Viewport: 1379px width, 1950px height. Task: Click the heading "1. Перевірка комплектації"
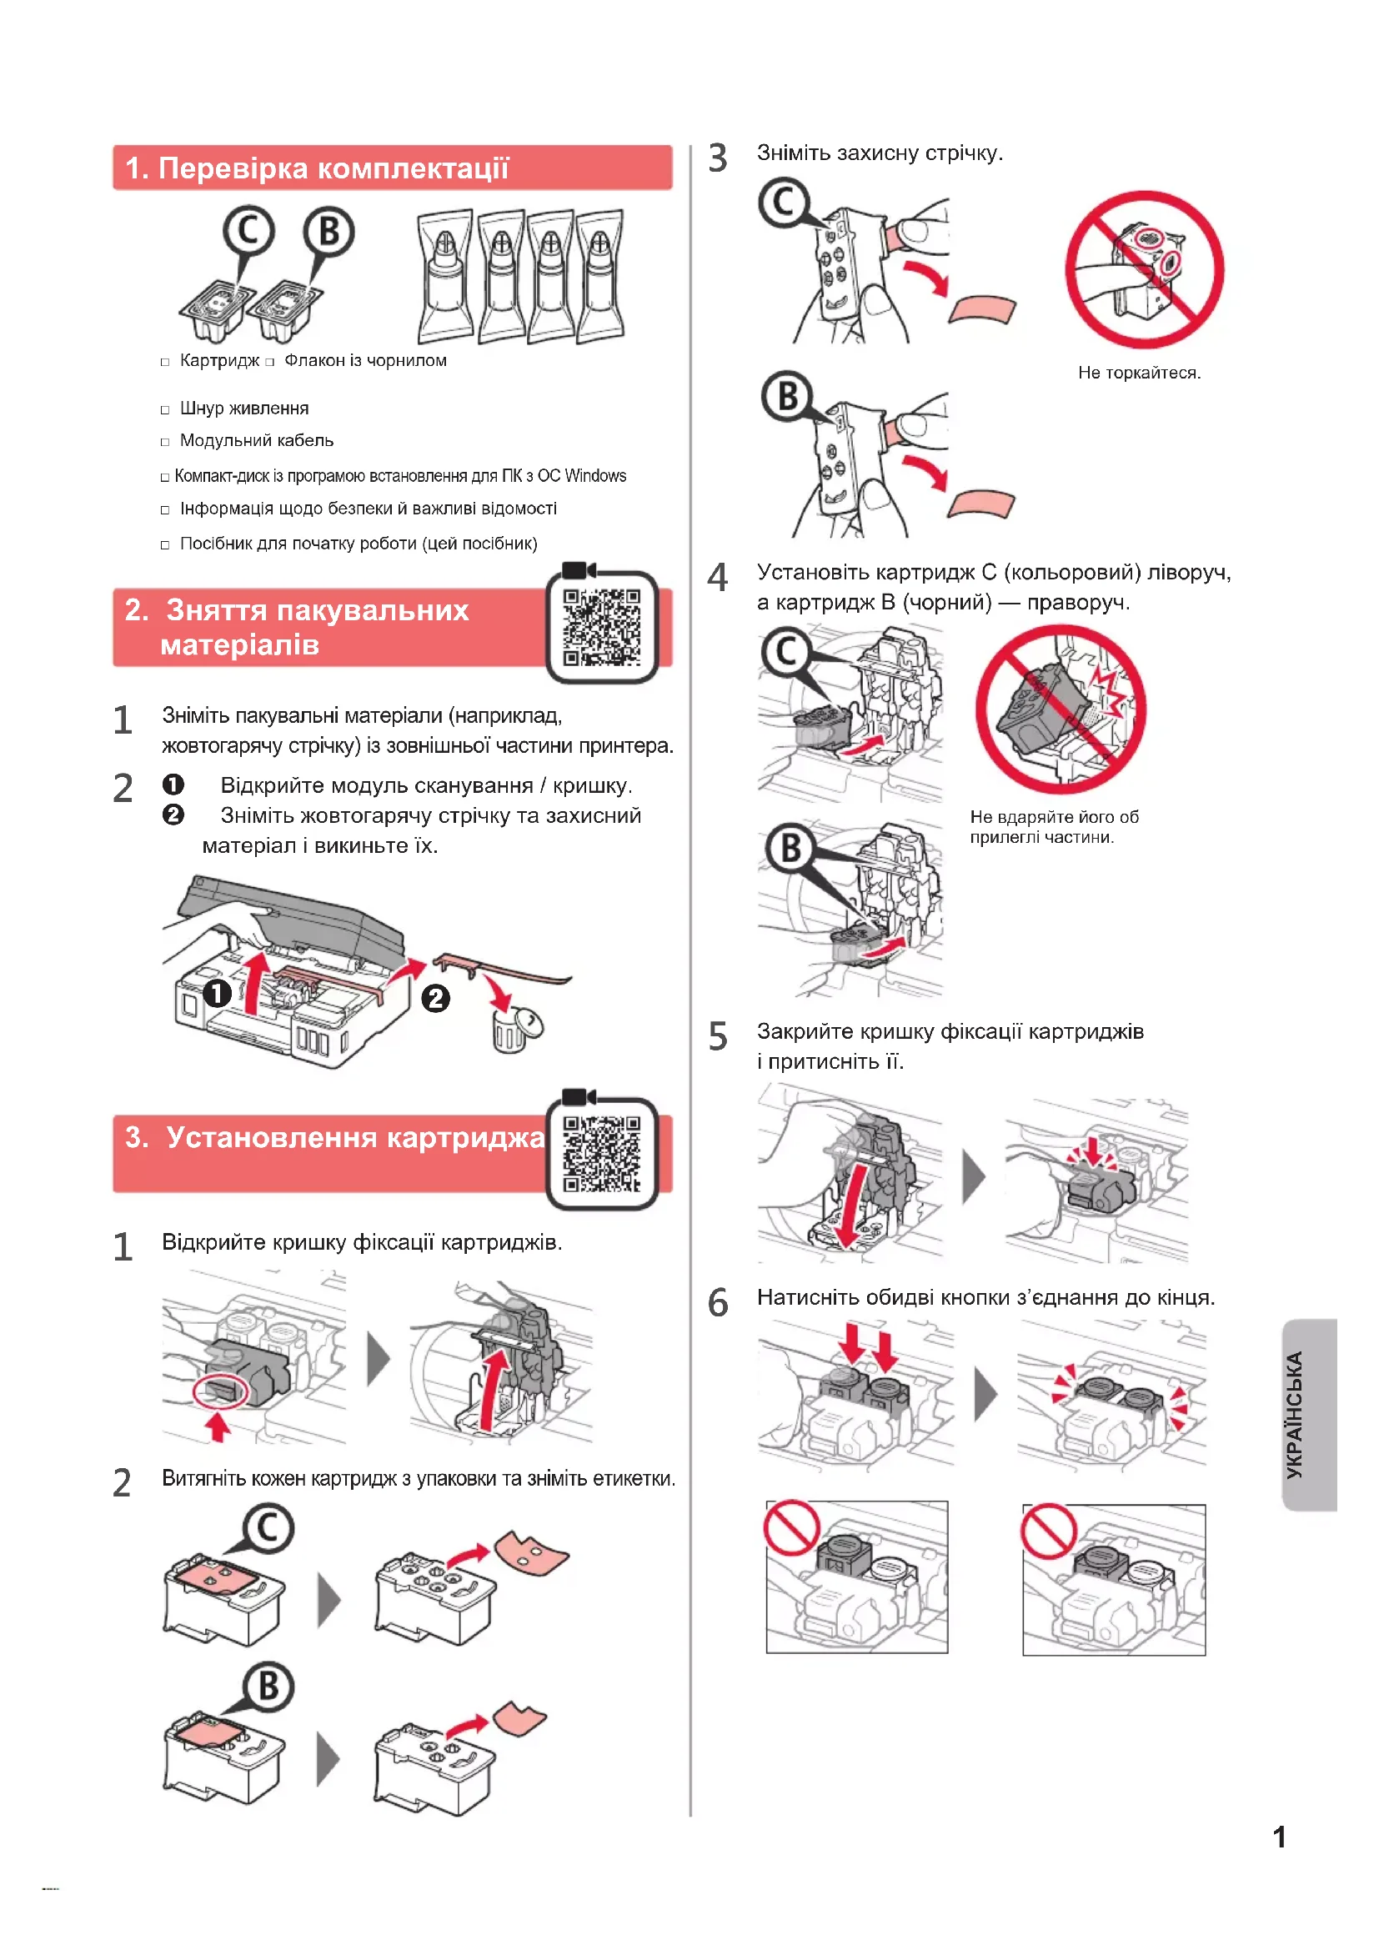click(317, 168)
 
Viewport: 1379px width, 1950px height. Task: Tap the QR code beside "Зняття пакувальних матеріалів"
click(602, 627)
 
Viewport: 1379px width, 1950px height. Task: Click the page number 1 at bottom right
click(1279, 1837)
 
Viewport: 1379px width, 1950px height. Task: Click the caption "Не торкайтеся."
click(1139, 373)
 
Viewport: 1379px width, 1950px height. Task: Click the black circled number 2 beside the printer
click(436, 998)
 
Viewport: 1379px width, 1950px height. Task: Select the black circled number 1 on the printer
click(218, 993)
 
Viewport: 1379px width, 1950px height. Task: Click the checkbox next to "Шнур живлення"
click(165, 410)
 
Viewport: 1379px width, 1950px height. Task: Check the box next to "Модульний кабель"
click(165, 443)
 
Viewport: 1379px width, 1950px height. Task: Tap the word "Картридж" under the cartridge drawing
click(219, 361)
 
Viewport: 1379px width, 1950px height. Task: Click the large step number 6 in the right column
click(719, 1302)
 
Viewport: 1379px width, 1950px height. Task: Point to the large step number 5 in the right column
click(719, 1036)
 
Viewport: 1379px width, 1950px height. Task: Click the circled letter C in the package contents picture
click(248, 231)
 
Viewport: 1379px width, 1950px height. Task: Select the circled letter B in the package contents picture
click(329, 231)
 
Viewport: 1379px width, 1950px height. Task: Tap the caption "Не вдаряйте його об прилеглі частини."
click(1054, 826)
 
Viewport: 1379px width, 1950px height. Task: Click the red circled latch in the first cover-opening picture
click(221, 1391)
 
